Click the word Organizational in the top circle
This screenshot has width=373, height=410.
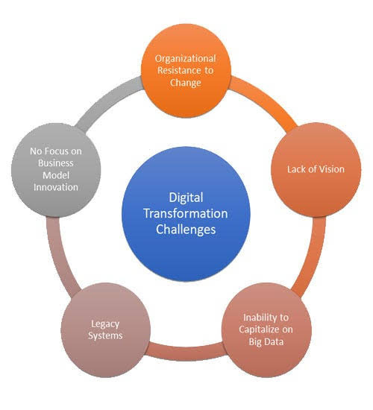pos(185,59)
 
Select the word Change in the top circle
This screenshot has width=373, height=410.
pos(186,83)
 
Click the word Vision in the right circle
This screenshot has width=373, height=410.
pos(331,169)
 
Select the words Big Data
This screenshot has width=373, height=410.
pos(266,341)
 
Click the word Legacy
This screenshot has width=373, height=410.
pos(105,324)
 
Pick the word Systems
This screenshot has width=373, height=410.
pos(105,335)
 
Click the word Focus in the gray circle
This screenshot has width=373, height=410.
pos(55,151)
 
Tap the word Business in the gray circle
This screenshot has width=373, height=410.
pos(56,163)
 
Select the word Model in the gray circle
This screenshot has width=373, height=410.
pos(56,175)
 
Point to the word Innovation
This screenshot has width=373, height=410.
pos(56,187)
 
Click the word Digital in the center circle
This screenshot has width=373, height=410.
pos(186,198)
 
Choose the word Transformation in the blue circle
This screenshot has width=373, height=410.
pos(186,213)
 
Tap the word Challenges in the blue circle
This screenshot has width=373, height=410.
pos(186,230)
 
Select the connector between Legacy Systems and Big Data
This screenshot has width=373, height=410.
pos(186,353)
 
